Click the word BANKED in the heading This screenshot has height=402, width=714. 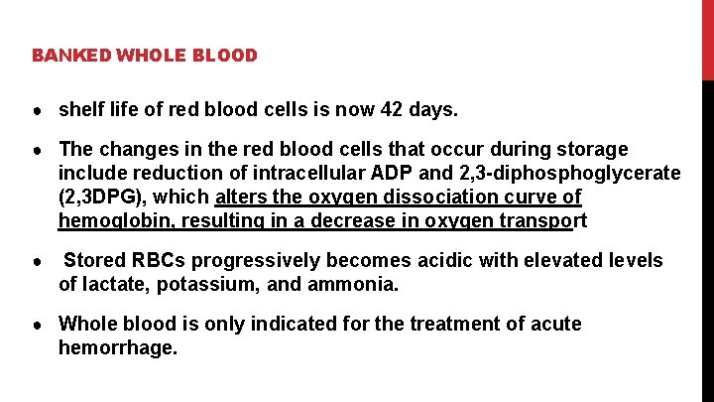coord(71,56)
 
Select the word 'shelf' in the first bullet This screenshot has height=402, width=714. coord(81,107)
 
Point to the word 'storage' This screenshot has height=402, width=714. coord(592,149)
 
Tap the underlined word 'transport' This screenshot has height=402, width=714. coord(543,220)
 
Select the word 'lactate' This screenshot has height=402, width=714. coord(117,285)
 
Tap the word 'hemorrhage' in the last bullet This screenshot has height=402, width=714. coord(116,348)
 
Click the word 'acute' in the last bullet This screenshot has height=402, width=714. coord(554,325)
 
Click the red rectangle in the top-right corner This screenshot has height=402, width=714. coord(708,40)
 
